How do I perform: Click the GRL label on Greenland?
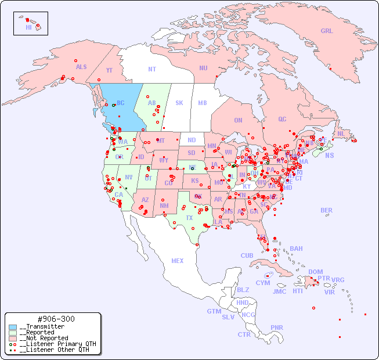point(327,31)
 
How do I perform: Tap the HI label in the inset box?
point(28,27)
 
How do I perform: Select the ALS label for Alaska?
point(81,67)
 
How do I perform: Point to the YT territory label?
point(109,70)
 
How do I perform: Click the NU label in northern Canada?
point(203,68)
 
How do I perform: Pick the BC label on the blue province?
point(121,103)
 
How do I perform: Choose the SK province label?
point(179,103)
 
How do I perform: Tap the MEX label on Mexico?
point(178,261)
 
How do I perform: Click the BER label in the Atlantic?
point(326,210)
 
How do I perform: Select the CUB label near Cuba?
point(247,255)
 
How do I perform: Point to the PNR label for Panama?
point(277,327)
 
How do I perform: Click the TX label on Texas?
point(189,218)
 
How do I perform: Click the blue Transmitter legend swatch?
point(13,327)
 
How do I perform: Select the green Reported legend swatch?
point(13,332)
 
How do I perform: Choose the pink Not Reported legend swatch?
point(13,338)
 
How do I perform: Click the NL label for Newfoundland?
point(341,134)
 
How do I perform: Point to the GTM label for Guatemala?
point(214,311)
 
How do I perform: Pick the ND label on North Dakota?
point(192,140)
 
